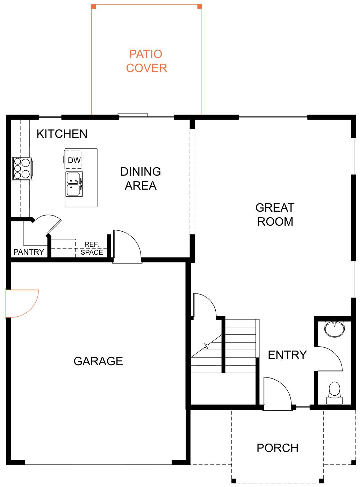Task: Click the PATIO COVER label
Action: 146,61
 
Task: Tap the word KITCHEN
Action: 62,134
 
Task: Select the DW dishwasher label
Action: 74,160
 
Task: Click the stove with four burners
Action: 22,168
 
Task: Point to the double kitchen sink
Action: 74,184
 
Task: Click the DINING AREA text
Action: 141,178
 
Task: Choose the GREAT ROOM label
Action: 275,214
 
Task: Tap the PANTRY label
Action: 29,252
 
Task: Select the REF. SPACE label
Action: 92,248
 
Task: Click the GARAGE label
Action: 98,361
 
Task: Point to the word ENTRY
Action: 287,355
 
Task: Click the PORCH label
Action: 278,448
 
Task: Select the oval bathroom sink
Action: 334,329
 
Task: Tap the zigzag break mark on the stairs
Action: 206,346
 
